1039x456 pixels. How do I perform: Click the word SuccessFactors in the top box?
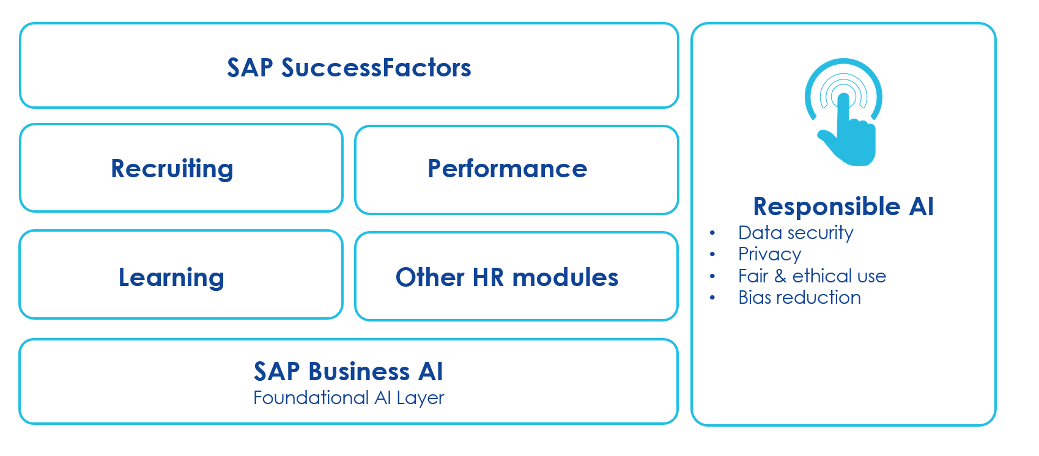[376, 68]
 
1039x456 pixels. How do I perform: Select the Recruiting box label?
[172, 169]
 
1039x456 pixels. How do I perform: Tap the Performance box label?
[507, 169]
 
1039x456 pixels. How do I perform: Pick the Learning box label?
[171, 278]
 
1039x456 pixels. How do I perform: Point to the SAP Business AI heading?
[348, 371]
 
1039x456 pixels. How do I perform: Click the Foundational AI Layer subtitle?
[348, 398]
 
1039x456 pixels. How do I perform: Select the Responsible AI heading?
[843, 207]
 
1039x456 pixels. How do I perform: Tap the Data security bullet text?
[795, 233]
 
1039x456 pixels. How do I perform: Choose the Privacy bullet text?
[769, 254]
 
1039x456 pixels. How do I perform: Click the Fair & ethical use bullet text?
[812, 276]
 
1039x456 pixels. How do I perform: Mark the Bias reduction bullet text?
[799, 298]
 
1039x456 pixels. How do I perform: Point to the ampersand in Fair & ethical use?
[780, 276]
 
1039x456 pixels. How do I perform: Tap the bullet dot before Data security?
[712, 233]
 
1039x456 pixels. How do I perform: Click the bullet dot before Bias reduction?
[712, 298]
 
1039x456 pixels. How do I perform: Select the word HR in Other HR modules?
[487, 278]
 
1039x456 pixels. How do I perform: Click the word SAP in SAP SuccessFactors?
[250, 68]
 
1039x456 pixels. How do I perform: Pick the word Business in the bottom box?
[359, 371]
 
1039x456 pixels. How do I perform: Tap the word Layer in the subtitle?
[420, 398]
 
